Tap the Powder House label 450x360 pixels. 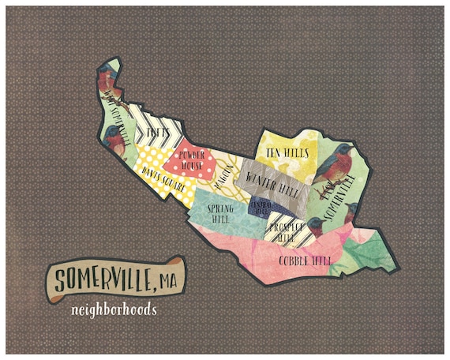[193, 161]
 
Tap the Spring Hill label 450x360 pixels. [221, 213]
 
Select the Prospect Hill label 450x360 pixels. [283, 231]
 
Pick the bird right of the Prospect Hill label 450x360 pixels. [316, 227]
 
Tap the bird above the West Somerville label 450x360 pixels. [107, 80]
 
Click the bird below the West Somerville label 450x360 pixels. [115, 143]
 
